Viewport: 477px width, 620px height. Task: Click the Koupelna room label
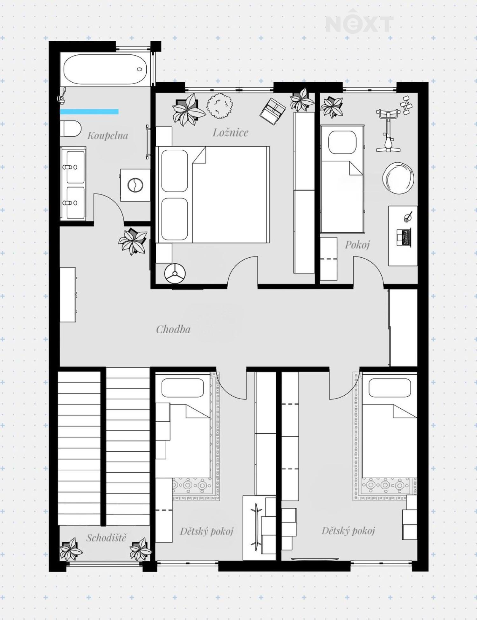(107, 136)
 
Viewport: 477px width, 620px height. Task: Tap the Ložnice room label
(230, 133)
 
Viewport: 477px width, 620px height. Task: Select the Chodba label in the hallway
(173, 329)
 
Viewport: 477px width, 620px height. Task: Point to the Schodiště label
(106, 538)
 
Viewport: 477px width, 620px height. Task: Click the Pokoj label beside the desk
(357, 245)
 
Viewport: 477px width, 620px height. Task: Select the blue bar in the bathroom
(89, 112)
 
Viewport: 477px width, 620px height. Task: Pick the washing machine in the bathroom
(135, 185)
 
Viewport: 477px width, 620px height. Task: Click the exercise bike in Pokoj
(388, 130)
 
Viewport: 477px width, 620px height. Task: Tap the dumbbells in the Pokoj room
(406, 105)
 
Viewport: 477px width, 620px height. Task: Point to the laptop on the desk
(404, 237)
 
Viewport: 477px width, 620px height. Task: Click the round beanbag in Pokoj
(398, 178)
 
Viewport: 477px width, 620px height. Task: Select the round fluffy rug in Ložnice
(220, 106)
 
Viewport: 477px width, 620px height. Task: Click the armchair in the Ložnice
(273, 111)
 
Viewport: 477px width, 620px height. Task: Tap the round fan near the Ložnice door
(175, 273)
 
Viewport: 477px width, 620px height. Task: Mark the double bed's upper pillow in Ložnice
(174, 171)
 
